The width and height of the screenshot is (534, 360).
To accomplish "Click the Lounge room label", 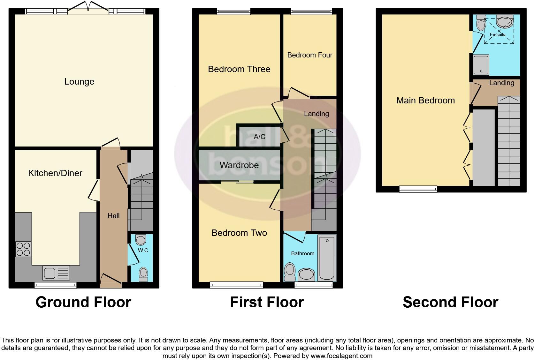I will (x=79, y=82).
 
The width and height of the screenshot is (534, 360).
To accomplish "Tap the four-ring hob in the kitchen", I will (x=23, y=249).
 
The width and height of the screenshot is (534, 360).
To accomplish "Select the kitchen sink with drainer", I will (x=56, y=273).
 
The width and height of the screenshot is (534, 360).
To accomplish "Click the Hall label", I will (x=113, y=216).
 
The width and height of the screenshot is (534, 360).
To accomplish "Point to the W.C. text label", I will (x=143, y=250).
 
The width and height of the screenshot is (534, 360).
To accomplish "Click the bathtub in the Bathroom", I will (x=327, y=258).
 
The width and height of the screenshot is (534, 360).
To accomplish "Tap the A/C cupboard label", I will (x=259, y=137).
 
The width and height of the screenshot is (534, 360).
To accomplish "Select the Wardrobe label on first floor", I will (x=239, y=165).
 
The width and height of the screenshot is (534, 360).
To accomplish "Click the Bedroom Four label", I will (x=310, y=55).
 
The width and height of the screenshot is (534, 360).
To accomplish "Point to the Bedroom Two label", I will (x=239, y=233).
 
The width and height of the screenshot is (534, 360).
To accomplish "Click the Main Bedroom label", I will (x=425, y=101).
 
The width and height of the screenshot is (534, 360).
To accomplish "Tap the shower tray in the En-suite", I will (x=481, y=65).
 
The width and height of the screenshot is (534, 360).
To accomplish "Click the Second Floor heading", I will (x=450, y=302).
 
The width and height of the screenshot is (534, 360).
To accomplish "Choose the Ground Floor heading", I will (x=83, y=302).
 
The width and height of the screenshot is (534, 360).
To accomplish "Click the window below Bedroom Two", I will (x=237, y=285).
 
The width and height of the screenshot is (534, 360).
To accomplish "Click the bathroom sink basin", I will (x=306, y=274).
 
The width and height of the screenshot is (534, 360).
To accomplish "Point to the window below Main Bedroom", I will (x=418, y=189).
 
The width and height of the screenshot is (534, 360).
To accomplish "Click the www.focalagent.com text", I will (x=341, y=356).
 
